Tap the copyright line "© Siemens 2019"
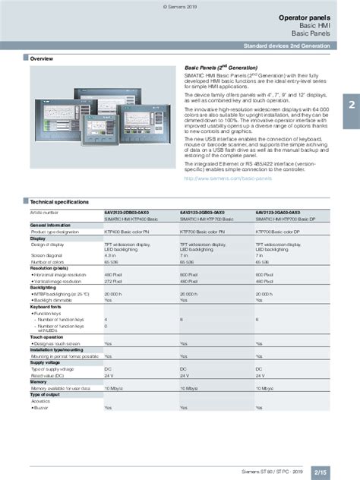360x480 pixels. coord(179,4)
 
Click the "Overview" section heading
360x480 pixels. coord(41,58)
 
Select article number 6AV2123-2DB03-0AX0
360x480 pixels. coord(127,191)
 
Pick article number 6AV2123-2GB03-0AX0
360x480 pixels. coord(202,191)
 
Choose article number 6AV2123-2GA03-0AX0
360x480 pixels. coord(278,191)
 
